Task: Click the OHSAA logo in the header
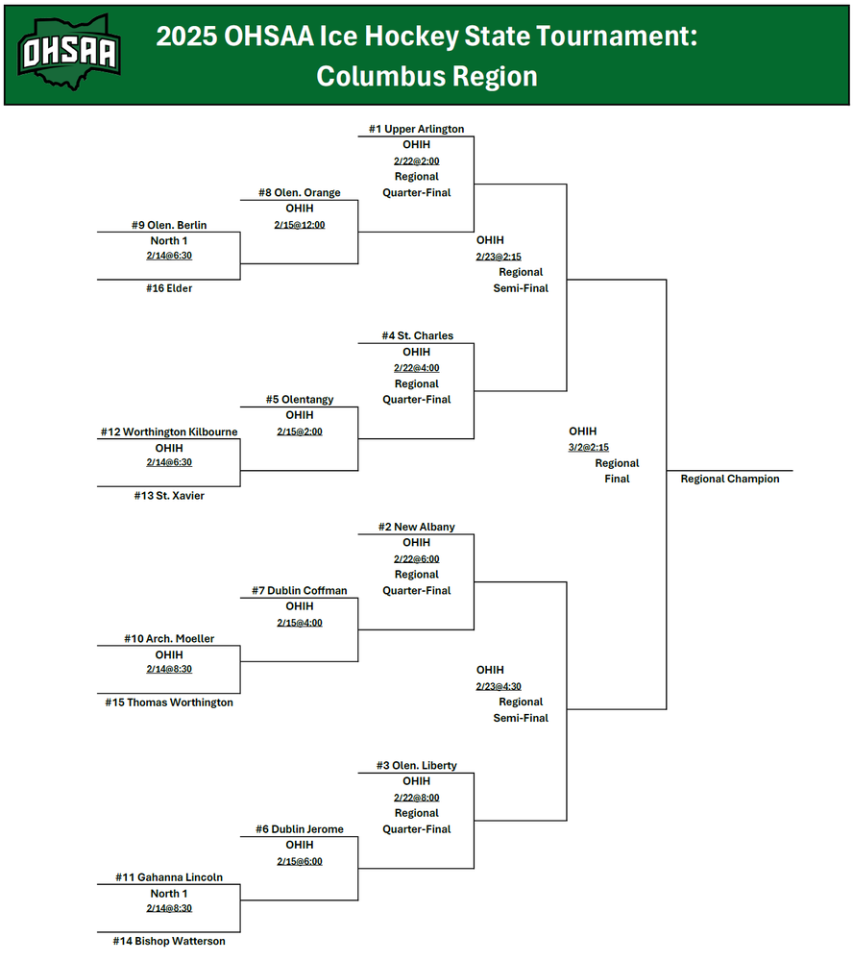(x=70, y=51)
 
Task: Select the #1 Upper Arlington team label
(x=416, y=129)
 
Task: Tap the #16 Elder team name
(x=168, y=288)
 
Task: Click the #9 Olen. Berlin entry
(x=169, y=225)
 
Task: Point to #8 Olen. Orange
(x=299, y=192)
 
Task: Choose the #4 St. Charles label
(x=417, y=335)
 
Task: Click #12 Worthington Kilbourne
(x=169, y=432)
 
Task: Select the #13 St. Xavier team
(x=168, y=496)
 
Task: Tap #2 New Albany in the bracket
(x=417, y=527)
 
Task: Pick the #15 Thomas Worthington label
(x=169, y=702)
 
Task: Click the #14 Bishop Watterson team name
(x=168, y=941)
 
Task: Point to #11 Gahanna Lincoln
(x=169, y=877)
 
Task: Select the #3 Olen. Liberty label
(x=417, y=766)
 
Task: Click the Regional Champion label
(x=730, y=479)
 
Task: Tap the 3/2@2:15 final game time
(x=589, y=448)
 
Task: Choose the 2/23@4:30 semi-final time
(x=499, y=686)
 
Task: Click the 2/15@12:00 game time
(x=300, y=225)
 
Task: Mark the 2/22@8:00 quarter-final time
(x=416, y=798)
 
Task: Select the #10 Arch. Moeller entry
(x=169, y=639)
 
